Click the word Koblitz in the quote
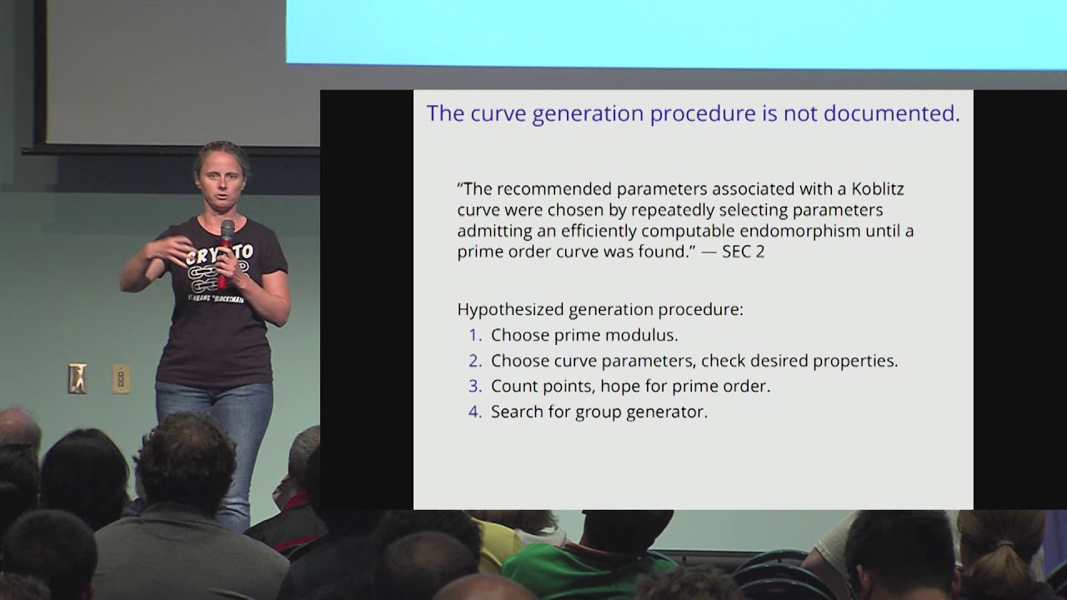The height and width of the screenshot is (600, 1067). coord(878,189)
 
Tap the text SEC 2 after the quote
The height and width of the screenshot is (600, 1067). coord(743,252)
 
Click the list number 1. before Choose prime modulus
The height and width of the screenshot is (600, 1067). coord(475,335)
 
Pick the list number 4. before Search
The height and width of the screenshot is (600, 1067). coord(475,412)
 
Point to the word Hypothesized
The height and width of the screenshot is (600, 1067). coord(510,310)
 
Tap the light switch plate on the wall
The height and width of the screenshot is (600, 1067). coord(78,378)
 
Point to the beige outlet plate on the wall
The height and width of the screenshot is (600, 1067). coord(121,379)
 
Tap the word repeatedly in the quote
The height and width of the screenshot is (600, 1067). coord(666,211)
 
